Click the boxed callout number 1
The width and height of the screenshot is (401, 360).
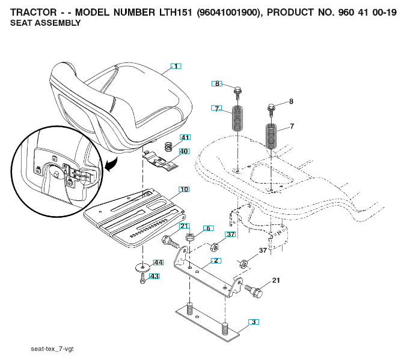tap(175, 66)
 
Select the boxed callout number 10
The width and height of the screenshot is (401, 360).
tap(184, 190)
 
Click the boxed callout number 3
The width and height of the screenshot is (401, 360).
tap(254, 322)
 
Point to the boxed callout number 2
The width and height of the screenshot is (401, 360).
tap(208, 228)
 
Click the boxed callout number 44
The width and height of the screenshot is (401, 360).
tap(158, 263)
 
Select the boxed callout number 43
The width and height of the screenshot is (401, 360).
tap(155, 276)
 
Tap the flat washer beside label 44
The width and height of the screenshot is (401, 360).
tap(142, 265)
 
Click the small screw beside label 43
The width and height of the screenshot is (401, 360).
tap(142, 279)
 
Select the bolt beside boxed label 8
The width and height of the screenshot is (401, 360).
tap(239, 91)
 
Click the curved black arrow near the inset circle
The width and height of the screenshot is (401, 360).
tap(111, 164)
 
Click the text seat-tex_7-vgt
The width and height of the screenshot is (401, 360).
tap(52, 348)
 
